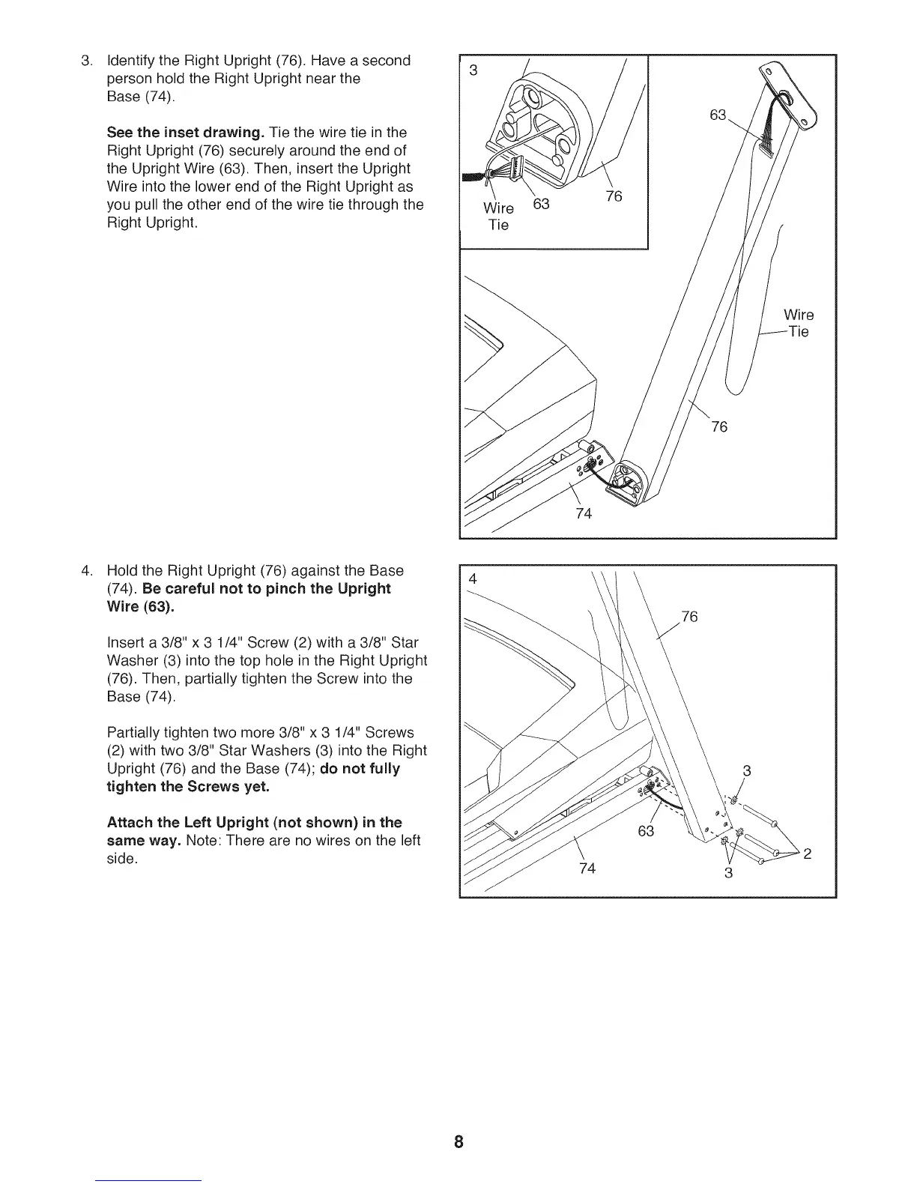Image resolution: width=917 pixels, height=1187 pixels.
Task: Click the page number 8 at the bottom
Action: click(x=458, y=1142)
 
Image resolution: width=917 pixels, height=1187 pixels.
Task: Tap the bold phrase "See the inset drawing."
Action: click(x=184, y=133)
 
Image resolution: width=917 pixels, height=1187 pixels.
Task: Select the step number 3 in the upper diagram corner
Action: click(x=473, y=70)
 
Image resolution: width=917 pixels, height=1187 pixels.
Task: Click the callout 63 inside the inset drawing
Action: click(x=541, y=204)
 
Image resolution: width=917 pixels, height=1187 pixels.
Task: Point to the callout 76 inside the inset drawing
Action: click(x=614, y=197)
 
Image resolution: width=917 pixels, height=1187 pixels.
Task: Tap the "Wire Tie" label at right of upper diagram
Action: click(x=798, y=323)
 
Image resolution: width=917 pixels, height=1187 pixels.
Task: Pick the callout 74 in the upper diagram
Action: click(x=584, y=513)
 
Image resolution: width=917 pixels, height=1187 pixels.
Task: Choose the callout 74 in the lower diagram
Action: click(x=587, y=869)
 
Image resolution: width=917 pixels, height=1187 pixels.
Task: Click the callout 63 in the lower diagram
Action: click(x=646, y=831)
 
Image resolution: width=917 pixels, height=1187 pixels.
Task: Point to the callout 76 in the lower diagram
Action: click(x=690, y=617)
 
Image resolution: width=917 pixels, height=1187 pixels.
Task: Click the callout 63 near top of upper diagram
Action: click(x=718, y=115)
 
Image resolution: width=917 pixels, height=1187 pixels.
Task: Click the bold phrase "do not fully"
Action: click(x=360, y=769)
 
